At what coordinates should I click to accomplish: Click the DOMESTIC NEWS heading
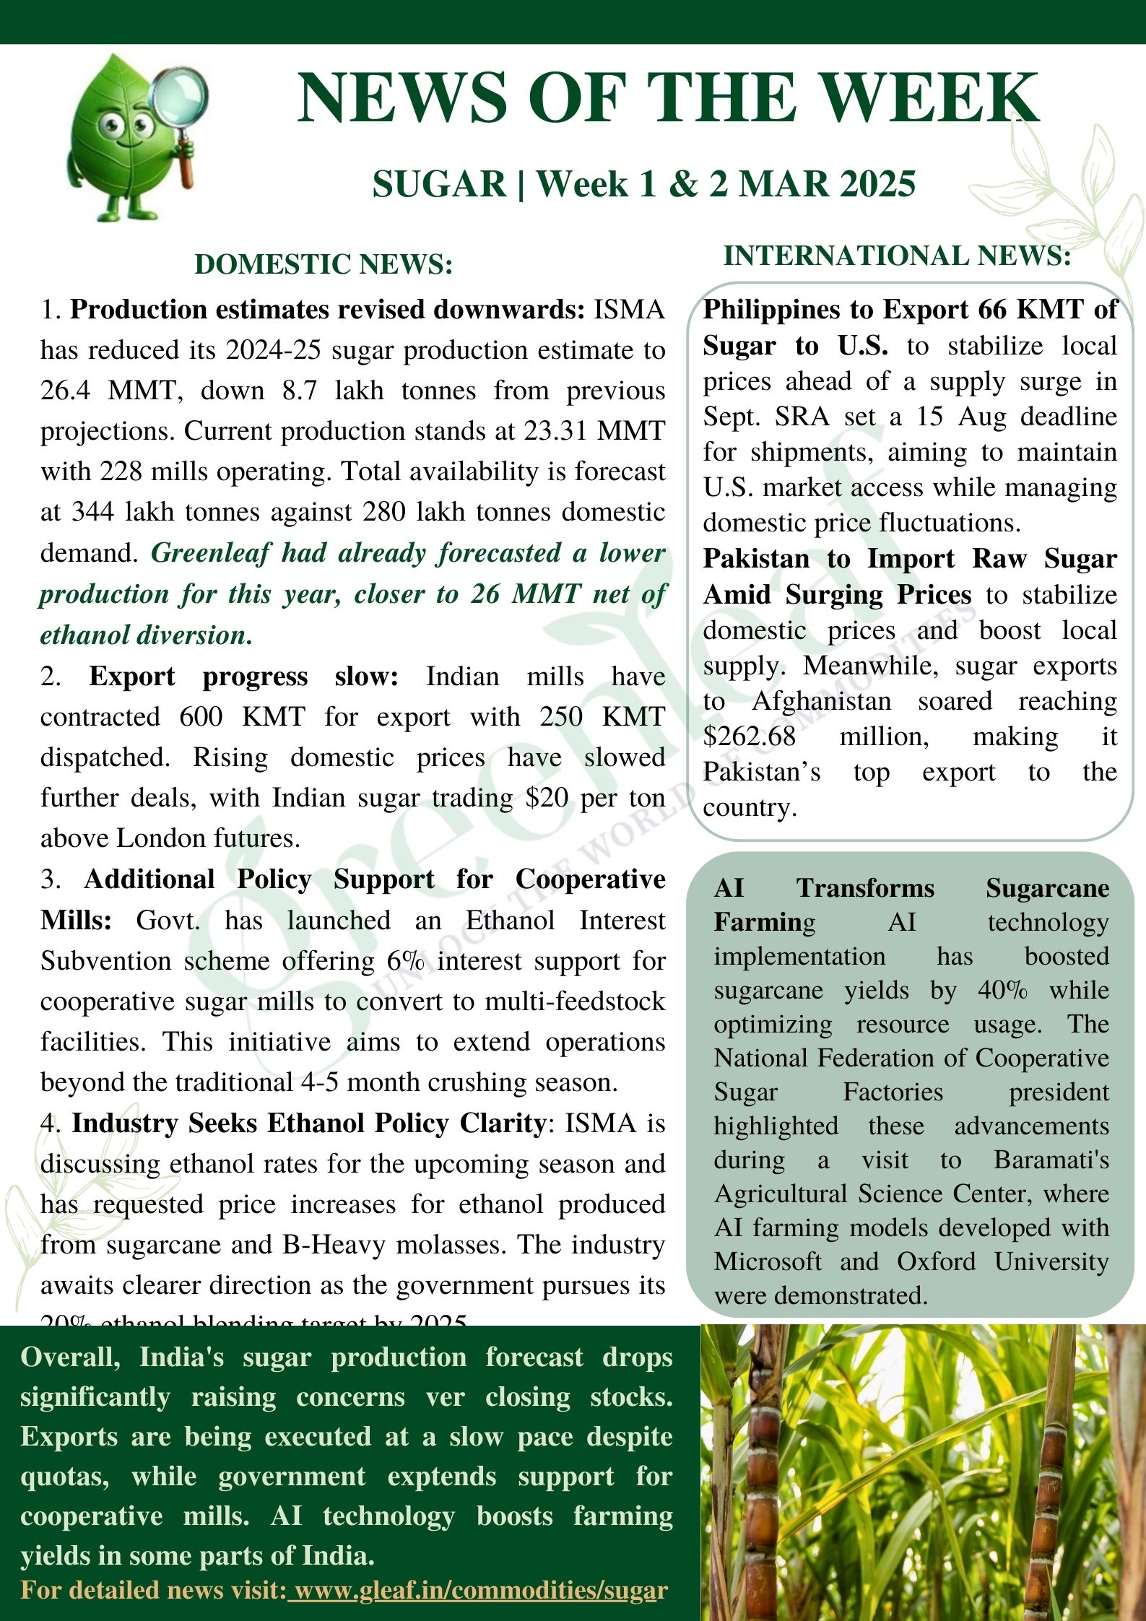[324, 264]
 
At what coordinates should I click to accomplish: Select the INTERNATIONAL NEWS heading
[897, 256]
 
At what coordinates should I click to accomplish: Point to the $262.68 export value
[750, 736]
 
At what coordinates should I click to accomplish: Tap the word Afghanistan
[821, 701]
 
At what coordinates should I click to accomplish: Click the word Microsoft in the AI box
[767, 1261]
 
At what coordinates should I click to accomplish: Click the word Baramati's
[1051, 1160]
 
